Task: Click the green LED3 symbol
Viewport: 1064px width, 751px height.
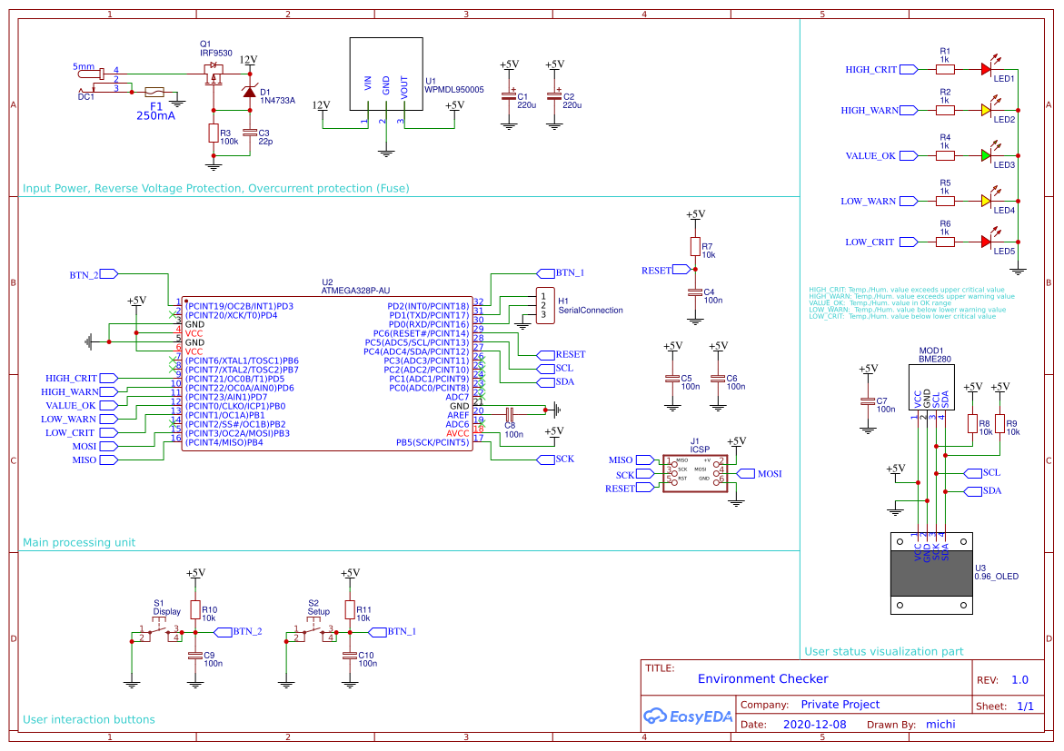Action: pyautogui.click(x=986, y=155)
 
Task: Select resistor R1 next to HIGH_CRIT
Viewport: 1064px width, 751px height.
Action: pyautogui.click(x=946, y=69)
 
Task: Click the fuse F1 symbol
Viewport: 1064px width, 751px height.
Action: pyautogui.click(x=154, y=92)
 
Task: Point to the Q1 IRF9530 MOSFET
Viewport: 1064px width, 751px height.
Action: pyautogui.click(x=214, y=69)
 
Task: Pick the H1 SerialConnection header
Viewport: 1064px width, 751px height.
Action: pyautogui.click(x=543, y=306)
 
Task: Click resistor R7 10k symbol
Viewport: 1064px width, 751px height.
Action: pyautogui.click(x=695, y=247)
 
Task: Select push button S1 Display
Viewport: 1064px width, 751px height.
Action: pyautogui.click(x=159, y=633)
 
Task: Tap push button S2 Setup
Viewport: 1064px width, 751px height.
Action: pyautogui.click(x=313, y=633)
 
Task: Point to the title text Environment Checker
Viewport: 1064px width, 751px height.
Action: pyautogui.click(x=762, y=678)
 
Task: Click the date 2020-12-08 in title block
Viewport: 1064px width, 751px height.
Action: pyautogui.click(x=814, y=725)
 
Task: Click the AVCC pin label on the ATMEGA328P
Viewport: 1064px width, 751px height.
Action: pyautogui.click(x=457, y=433)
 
